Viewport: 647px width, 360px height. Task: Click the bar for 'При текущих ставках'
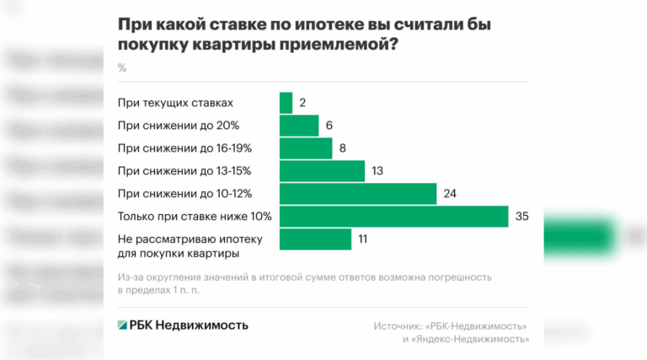(x=286, y=103)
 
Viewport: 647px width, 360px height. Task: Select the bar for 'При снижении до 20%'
(x=298, y=126)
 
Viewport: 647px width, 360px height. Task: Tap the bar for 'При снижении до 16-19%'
(x=305, y=148)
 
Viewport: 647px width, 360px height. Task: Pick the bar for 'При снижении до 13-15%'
(x=321, y=171)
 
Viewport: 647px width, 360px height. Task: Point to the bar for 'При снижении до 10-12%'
(x=357, y=194)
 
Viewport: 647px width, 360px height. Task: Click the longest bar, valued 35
(x=393, y=217)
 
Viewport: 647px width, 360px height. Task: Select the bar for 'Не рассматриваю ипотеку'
(x=314, y=239)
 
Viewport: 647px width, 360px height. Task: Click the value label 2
(x=302, y=103)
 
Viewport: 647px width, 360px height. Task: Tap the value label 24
(x=450, y=194)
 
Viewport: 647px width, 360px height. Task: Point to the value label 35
(x=521, y=217)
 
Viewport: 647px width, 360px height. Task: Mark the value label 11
(x=364, y=239)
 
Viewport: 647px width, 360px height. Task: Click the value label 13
(x=377, y=171)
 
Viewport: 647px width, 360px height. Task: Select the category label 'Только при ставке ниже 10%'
(x=188, y=217)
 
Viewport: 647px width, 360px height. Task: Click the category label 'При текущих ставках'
(x=175, y=103)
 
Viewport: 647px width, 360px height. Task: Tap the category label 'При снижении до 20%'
(x=179, y=126)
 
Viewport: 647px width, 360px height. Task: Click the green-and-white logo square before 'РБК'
(x=123, y=325)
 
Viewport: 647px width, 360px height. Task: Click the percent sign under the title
(x=122, y=67)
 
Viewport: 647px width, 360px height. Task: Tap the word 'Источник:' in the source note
(x=398, y=326)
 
